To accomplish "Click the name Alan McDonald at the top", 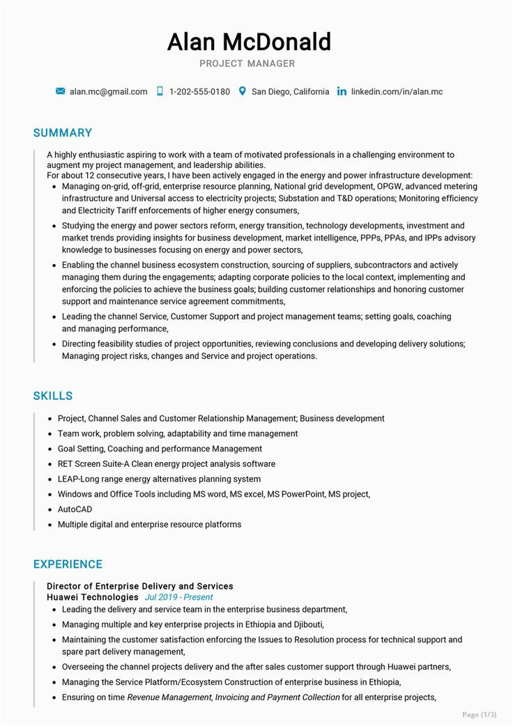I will pyautogui.click(x=249, y=43).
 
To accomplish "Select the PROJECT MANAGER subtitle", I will pyautogui.click(x=247, y=64).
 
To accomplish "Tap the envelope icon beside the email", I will pyautogui.click(x=61, y=91).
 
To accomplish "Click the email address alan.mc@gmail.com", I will pyautogui.click(x=108, y=92).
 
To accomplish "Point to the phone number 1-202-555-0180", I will pyautogui.click(x=199, y=92).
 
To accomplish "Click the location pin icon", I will pyautogui.click(x=242, y=91).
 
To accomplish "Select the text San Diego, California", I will pyautogui.click(x=290, y=92).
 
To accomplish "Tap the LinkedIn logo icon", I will pyautogui.click(x=342, y=92).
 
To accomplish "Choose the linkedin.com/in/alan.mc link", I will pyautogui.click(x=397, y=92).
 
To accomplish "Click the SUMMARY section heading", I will pyautogui.click(x=63, y=133).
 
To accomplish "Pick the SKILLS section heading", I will pyautogui.click(x=53, y=396).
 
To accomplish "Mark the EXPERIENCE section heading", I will pyautogui.click(x=68, y=564).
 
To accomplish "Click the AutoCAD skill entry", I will pyautogui.click(x=75, y=509).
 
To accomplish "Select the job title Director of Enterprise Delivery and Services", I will pyautogui.click(x=139, y=587).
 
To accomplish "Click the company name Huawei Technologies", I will pyautogui.click(x=93, y=597).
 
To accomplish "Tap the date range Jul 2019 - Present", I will pyautogui.click(x=178, y=598).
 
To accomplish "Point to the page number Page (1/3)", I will pyautogui.click(x=480, y=714).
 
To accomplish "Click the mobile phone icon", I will pyautogui.click(x=160, y=91).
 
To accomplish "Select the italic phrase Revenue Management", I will pyautogui.click(x=169, y=697).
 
